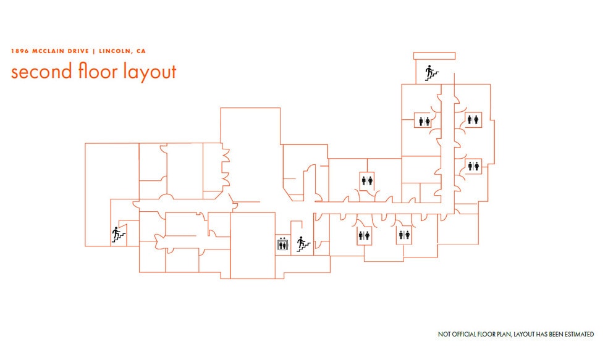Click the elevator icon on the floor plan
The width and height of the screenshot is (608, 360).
(282, 245)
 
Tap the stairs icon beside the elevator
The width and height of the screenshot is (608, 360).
(303, 244)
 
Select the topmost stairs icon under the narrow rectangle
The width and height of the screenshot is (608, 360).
(431, 73)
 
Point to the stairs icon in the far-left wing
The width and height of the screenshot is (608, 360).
(118, 235)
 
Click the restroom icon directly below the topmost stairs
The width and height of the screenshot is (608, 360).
(424, 121)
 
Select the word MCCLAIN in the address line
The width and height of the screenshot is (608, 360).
(48, 51)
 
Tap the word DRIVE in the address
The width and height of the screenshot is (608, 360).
(78, 51)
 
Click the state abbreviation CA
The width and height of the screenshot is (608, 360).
(141, 51)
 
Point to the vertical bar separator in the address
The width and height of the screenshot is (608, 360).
(94, 51)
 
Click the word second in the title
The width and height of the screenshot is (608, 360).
(41, 72)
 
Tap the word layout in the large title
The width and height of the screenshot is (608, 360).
(150, 72)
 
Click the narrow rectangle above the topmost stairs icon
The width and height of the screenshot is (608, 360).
(434, 56)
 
